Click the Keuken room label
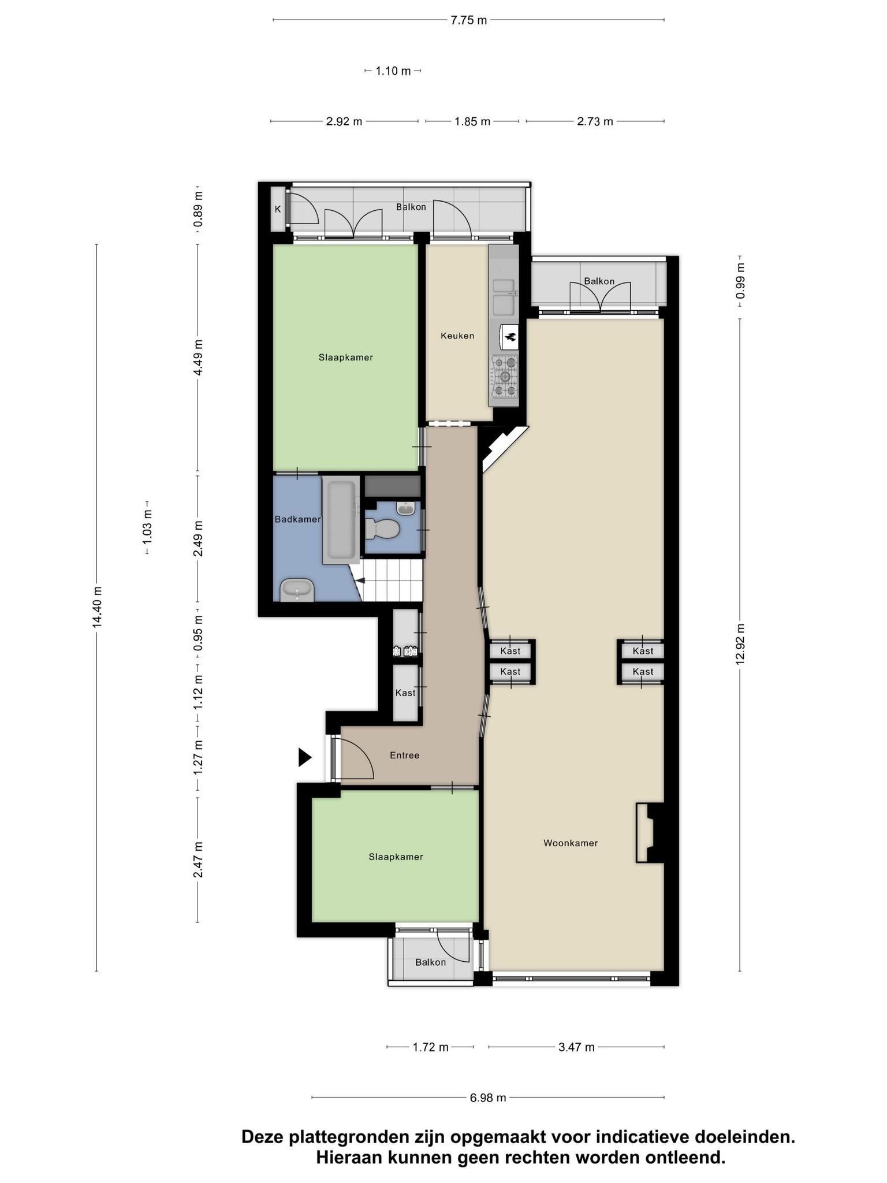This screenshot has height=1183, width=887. [x=457, y=336]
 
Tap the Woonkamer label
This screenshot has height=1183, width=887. [x=571, y=843]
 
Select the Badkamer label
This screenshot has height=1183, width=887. [x=297, y=519]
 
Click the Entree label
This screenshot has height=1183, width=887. [x=404, y=755]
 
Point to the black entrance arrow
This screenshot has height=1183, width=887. [x=304, y=757]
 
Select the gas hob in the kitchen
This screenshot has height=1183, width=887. [x=505, y=377]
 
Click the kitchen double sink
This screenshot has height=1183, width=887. [x=504, y=298]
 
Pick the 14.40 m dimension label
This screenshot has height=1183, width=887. [x=97, y=606]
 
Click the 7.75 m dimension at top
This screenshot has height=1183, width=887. [x=468, y=20]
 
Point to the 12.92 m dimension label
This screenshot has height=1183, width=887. [x=740, y=644]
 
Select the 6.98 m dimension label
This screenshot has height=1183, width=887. [x=488, y=1098]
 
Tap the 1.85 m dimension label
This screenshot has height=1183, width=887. [x=472, y=121]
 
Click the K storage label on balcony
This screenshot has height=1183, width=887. [x=278, y=209]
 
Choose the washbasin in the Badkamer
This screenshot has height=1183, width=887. [x=297, y=591]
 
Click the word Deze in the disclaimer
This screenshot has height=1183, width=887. [x=262, y=1137]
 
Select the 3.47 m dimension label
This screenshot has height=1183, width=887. [x=576, y=1047]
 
